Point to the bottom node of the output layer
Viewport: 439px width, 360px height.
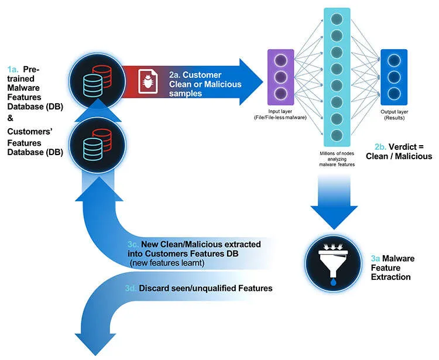pyautogui.click(x=393, y=94)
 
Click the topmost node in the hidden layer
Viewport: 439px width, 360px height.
pyautogui.click(x=337, y=20)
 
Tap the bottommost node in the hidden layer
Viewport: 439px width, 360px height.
pyautogui.click(x=337, y=136)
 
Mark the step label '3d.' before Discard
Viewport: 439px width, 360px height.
pyautogui.click(x=132, y=289)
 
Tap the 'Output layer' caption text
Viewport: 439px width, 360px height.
pyautogui.click(x=393, y=111)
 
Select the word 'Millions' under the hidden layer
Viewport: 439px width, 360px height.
pyautogui.click(x=323, y=152)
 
